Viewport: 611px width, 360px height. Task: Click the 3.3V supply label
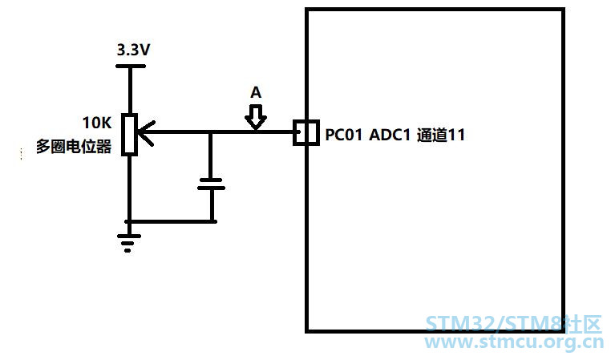133,50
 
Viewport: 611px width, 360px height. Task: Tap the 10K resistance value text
97,123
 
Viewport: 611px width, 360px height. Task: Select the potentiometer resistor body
129,135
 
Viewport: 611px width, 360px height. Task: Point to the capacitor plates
211,184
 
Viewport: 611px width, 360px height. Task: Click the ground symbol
128,242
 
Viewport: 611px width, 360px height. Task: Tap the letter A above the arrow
256,92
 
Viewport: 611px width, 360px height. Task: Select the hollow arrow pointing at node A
256,117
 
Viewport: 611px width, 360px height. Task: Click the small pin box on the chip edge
306,133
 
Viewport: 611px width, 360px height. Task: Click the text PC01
344,135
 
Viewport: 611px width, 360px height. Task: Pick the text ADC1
390,135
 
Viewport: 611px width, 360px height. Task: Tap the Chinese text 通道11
441,135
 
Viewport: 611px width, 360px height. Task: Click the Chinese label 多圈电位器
74,147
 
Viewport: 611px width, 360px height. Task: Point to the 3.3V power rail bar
131,67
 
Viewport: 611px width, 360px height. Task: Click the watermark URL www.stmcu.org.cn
514,342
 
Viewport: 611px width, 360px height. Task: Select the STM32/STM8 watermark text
514,324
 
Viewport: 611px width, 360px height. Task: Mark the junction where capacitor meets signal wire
210,132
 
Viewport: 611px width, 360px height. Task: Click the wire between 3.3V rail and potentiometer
130,91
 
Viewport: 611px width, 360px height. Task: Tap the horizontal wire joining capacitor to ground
171,221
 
